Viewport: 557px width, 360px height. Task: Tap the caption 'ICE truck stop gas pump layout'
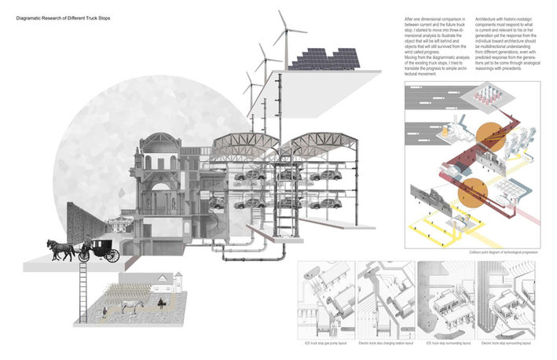tap(323, 343)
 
